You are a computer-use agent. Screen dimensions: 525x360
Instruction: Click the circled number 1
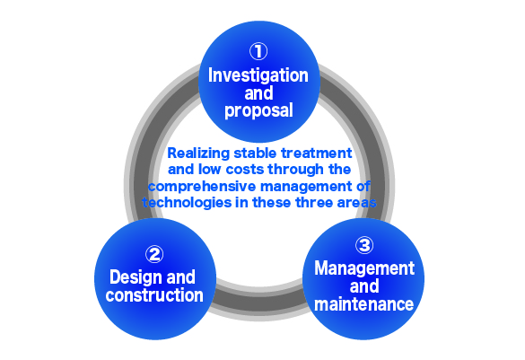[x=258, y=51]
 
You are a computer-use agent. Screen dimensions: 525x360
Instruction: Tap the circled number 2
[x=154, y=254]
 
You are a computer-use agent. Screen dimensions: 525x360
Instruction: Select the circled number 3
[x=364, y=245]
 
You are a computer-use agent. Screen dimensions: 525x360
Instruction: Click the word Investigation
[x=258, y=75]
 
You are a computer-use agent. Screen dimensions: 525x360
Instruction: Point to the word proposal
[x=258, y=110]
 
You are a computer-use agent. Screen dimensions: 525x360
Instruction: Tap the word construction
[x=154, y=295]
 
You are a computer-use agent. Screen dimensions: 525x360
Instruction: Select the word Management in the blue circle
[x=364, y=268]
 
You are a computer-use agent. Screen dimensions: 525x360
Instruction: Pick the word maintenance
[x=364, y=304]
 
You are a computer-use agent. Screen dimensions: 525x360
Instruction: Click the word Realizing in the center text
[x=198, y=154]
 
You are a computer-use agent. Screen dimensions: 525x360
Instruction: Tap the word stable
[x=256, y=153]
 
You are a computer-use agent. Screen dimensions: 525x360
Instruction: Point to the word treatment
[x=317, y=154]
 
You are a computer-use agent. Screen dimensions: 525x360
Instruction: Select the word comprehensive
[x=202, y=187]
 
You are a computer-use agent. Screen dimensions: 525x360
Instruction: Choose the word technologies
[x=187, y=203]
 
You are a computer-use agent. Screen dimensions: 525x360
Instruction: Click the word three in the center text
[x=314, y=203]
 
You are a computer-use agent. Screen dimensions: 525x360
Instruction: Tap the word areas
[x=357, y=203]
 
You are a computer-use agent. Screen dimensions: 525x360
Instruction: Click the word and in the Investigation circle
[x=258, y=93]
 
